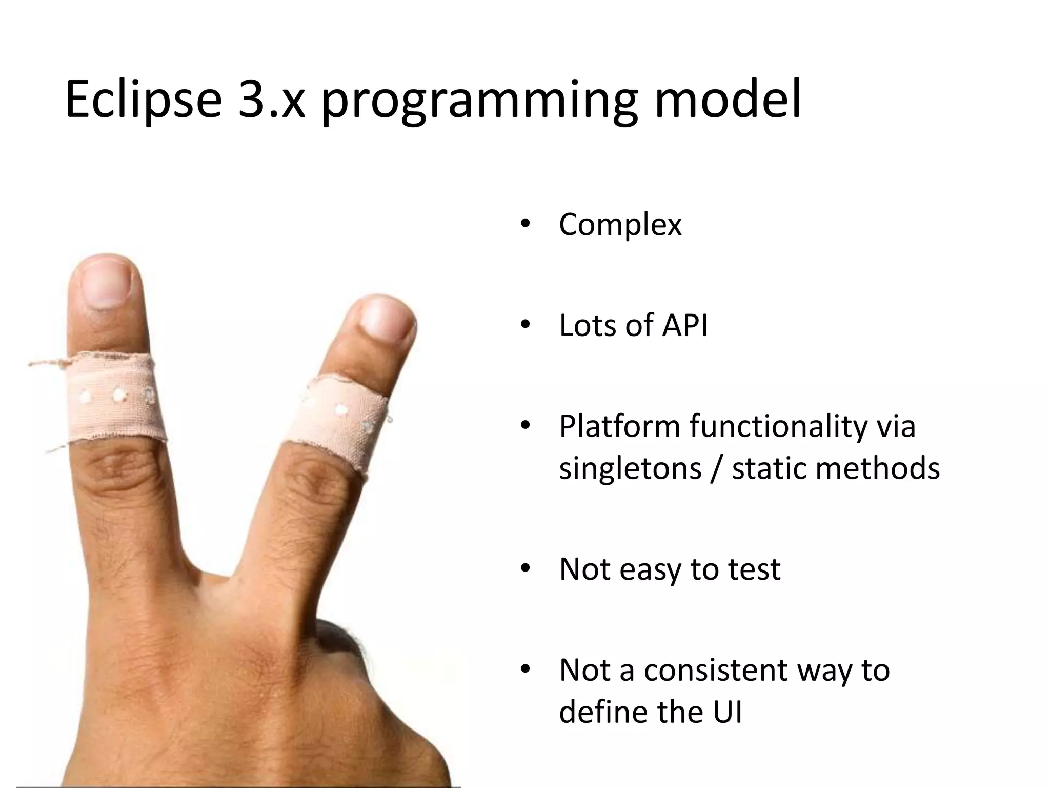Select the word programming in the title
[479, 103]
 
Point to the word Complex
[620, 225]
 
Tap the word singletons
[630, 469]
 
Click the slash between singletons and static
[716, 469]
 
